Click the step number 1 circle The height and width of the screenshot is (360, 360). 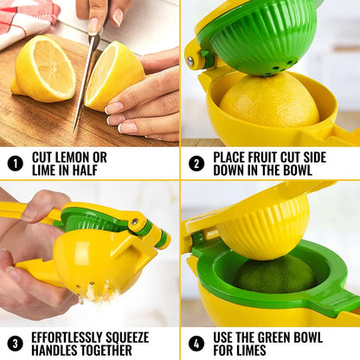[15, 163]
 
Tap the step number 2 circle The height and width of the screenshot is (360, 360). [196, 163]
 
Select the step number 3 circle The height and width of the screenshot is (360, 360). [15, 343]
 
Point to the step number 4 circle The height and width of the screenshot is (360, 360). [196, 343]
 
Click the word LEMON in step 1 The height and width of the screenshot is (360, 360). [83, 157]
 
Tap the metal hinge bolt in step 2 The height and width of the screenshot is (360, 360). [190, 61]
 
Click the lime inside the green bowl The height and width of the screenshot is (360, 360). [275, 275]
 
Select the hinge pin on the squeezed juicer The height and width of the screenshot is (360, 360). [136, 223]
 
